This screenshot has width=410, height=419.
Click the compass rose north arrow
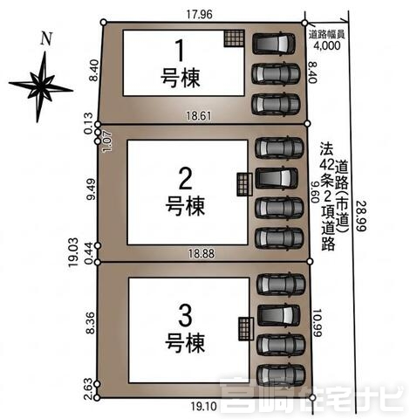(41, 86)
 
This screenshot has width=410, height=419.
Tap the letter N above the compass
(46, 38)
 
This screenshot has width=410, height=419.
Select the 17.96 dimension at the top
(200, 14)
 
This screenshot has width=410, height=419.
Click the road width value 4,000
(327, 45)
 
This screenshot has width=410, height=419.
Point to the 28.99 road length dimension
(361, 216)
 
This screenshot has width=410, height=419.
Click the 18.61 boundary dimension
(199, 116)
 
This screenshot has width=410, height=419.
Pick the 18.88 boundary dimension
(202, 254)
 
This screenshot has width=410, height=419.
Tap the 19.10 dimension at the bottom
(204, 406)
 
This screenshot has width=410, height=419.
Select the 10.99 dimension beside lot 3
(317, 323)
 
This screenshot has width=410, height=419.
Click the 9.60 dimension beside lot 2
(314, 192)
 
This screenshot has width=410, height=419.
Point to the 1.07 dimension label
(107, 141)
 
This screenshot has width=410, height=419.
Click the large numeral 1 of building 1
(181, 51)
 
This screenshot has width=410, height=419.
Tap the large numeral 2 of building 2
(185, 179)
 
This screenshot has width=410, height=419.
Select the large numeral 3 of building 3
(185, 316)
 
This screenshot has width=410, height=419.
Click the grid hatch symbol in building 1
(234, 38)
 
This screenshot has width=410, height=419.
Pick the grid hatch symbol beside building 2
(244, 184)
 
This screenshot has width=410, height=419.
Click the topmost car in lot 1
(274, 44)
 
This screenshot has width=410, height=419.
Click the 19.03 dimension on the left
(73, 252)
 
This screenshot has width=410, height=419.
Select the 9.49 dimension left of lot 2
(91, 189)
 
